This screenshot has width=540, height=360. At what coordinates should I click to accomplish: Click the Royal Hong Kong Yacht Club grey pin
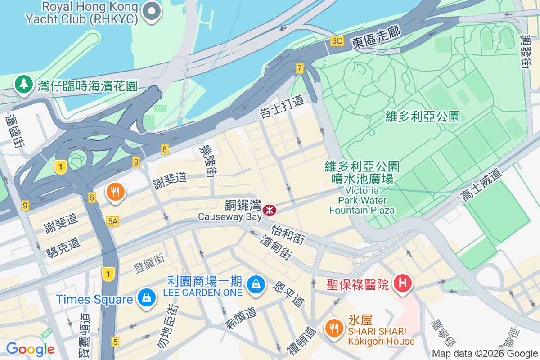click(152, 12)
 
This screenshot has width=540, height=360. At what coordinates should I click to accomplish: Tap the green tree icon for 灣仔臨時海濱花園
click(22, 84)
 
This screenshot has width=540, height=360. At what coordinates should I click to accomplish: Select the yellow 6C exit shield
click(337, 41)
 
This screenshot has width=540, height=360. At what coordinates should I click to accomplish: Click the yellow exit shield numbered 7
click(300, 68)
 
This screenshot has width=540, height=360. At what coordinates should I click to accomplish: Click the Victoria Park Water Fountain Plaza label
click(362, 189)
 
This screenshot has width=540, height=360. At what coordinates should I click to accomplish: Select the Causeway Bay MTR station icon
click(270, 209)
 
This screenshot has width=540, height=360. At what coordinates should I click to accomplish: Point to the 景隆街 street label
click(209, 161)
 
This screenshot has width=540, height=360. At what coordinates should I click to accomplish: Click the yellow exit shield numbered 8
click(165, 149)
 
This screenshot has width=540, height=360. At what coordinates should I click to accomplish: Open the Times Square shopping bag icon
click(146, 297)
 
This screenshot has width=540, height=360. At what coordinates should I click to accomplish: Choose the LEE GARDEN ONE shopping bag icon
click(256, 284)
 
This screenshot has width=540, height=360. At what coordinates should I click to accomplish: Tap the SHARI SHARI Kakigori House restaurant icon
click(333, 328)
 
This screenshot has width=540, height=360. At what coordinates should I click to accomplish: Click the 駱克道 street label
click(63, 247)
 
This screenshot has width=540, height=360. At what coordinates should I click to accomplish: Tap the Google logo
click(30, 349)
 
